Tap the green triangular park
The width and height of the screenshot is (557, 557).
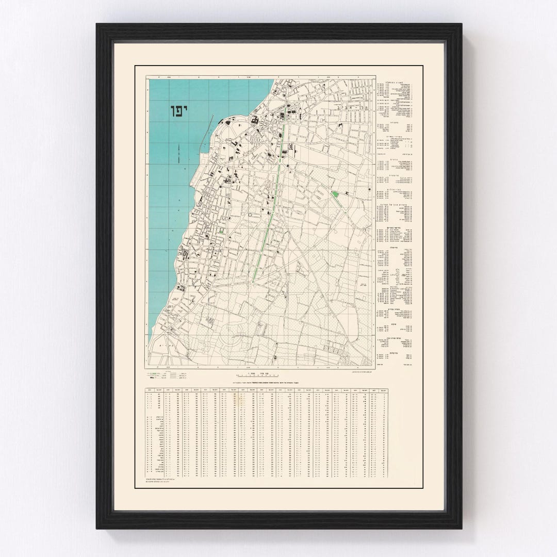pyautogui.click(x=335, y=195)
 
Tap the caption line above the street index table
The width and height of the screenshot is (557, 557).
pyautogui.click(x=268, y=382)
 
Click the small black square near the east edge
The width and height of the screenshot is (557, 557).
pyautogui.click(x=370, y=190)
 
